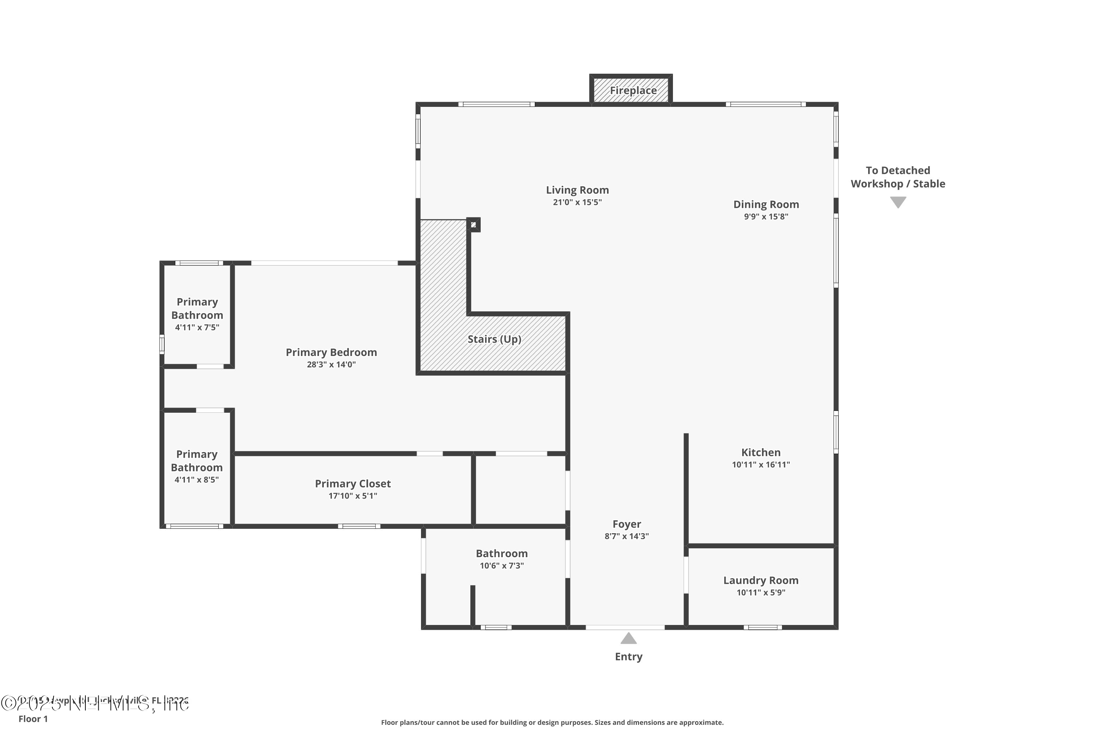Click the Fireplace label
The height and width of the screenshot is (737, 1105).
click(633, 90)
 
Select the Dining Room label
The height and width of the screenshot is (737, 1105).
click(766, 205)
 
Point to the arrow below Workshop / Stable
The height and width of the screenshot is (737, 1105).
click(898, 202)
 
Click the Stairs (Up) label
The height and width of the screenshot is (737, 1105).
click(494, 339)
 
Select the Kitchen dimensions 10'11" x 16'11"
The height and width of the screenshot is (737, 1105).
click(761, 464)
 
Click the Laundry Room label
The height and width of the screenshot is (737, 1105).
click(761, 580)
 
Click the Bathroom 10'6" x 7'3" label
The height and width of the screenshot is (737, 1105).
click(501, 554)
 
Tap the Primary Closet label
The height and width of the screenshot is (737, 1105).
click(352, 483)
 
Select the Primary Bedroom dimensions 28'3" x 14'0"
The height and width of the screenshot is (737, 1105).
click(331, 364)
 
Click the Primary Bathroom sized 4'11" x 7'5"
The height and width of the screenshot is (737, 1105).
click(197, 309)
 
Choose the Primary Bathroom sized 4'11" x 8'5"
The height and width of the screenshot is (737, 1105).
click(196, 461)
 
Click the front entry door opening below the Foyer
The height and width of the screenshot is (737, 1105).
click(625, 627)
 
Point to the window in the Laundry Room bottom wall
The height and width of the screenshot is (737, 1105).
click(762, 627)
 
